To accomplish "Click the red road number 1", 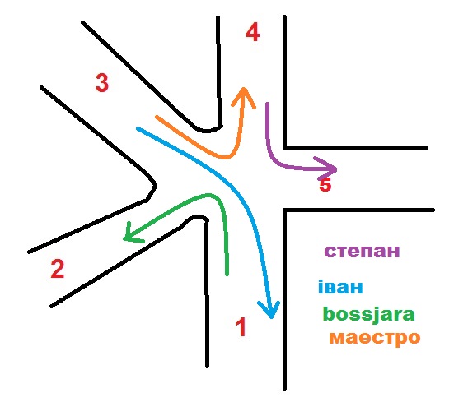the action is (241, 326).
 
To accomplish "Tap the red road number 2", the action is (58, 269).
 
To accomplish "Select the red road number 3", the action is (102, 83).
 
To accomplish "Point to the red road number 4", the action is (252, 32).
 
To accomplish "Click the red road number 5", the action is (325, 185).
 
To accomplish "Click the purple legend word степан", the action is (362, 252).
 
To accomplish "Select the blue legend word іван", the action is (340, 287).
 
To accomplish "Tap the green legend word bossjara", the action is (369, 315).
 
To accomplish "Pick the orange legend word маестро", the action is (375, 338).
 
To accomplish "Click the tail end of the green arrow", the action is (227, 274).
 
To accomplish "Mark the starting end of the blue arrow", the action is (138, 128).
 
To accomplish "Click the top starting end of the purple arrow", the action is (268, 104).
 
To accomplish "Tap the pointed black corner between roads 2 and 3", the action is (155, 185).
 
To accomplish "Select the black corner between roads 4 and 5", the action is (285, 148).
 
